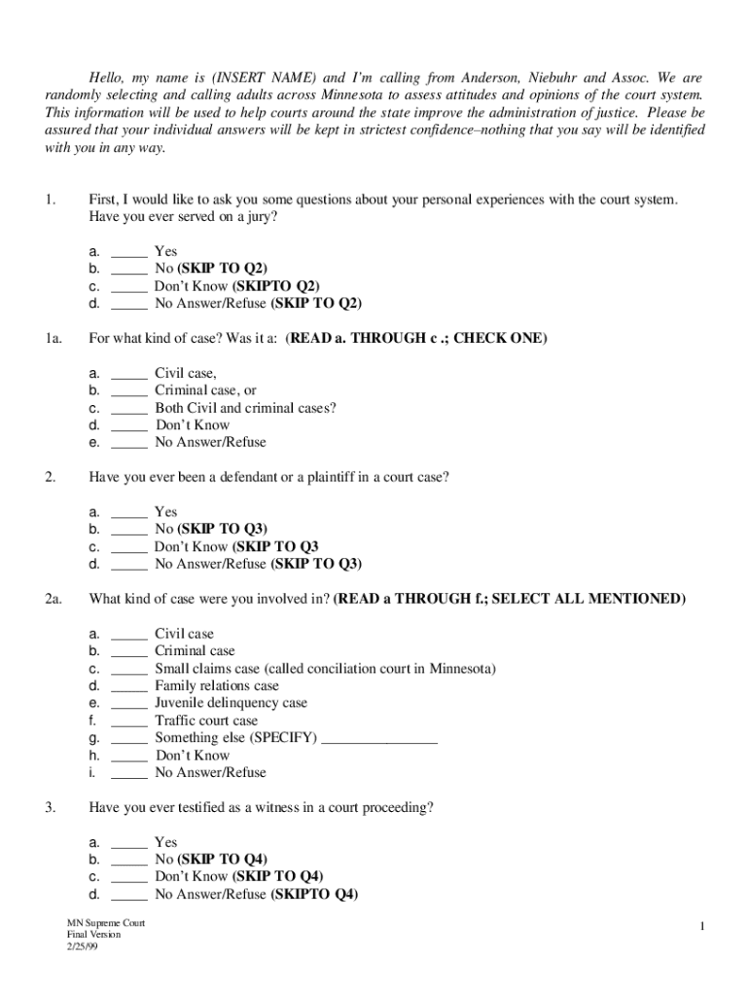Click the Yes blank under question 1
[129, 252]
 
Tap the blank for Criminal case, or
[129, 391]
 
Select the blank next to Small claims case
[129, 670]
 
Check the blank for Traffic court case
[129, 722]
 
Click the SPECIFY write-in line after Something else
[379, 740]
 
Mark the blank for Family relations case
[129, 687]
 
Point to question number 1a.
[53, 339]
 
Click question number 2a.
[53, 599]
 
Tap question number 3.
[50, 808]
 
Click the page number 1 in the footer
[700, 927]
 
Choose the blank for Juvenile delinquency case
[129, 704]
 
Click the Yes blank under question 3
[129, 843]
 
